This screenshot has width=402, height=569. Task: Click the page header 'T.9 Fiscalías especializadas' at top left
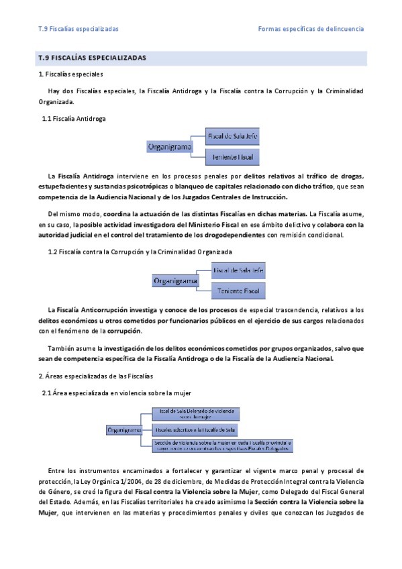click(x=79, y=29)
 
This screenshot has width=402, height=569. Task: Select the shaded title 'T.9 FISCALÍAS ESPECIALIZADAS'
click(x=93, y=58)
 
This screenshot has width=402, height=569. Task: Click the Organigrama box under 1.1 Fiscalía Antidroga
click(x=169, y=146)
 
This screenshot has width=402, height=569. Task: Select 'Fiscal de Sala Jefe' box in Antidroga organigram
click(x=232, y=136)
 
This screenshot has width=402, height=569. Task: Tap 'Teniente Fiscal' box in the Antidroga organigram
click(x=232, y=157)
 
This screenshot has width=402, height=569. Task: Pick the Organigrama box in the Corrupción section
click(x=175, y=280)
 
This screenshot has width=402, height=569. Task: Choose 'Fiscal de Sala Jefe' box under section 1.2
click(x=238, y=270)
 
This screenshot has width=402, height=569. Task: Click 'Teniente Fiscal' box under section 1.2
click(x=238, y=291)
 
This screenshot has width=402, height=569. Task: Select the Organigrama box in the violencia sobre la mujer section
click(x=124, y=429)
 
